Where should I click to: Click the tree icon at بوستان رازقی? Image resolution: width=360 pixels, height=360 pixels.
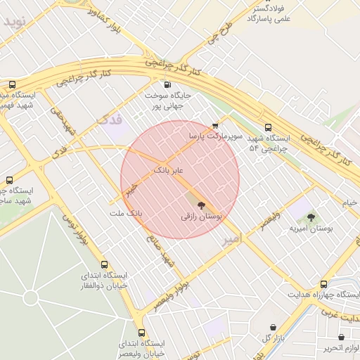tap(202, 206)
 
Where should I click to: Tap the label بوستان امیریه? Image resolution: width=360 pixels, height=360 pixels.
tap(311, 229)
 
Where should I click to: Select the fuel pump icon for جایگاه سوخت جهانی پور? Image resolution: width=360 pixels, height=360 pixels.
tap(167, 84)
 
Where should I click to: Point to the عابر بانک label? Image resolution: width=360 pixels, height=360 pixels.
tap(169, 171)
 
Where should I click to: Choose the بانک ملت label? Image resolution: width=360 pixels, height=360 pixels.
tap(126, 212)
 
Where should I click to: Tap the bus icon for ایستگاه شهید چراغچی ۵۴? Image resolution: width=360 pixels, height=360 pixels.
tap(269, 127)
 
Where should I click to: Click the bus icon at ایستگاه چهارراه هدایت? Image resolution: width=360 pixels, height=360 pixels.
tap(323, 284)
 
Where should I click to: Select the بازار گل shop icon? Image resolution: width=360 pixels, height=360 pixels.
tap(273, 327)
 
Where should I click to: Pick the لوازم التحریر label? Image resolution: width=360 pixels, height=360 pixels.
tap(342, 348)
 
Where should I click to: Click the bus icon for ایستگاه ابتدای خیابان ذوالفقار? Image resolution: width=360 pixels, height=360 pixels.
tap(105, 265)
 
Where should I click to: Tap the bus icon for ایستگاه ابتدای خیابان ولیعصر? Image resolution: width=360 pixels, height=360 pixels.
tap(141, 333)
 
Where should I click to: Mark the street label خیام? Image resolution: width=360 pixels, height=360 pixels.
tap(349, 202)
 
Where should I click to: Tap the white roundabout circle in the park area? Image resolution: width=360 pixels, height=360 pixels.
tap(30, 297)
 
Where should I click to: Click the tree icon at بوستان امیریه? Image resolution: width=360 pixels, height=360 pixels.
tap(311, 217)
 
